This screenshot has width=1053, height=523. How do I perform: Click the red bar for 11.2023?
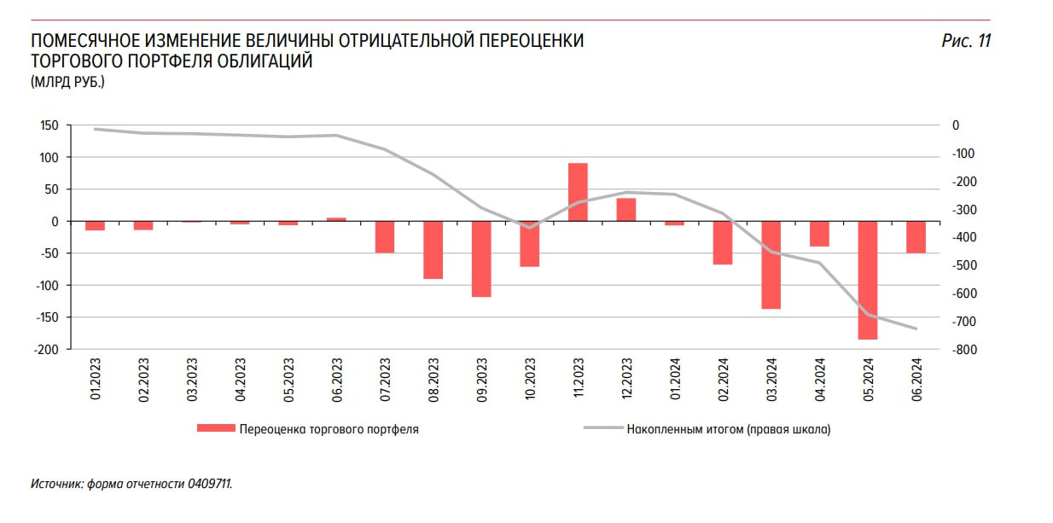point(578,192)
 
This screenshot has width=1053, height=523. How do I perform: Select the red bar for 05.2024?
point(868,280)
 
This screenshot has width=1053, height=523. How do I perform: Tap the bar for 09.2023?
point(481,259)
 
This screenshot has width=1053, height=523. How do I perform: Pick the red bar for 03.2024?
point(771,264)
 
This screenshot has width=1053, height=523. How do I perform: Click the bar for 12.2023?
point(626,210)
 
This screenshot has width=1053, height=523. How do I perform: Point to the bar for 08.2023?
point(433,250)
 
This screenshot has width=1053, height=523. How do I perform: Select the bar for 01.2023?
point(95,225)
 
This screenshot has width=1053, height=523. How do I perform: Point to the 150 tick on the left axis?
point(49,125)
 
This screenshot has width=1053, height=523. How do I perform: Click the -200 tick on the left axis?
point(47,349)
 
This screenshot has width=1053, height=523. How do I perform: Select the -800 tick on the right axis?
point(967,350)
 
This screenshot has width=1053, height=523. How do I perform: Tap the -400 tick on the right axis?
point(967,238)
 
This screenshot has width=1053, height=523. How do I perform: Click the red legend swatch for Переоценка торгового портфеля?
point(215,429)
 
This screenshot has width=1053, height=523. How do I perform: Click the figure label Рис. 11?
point(966,41)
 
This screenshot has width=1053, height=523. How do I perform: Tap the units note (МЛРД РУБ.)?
point(67,83)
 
